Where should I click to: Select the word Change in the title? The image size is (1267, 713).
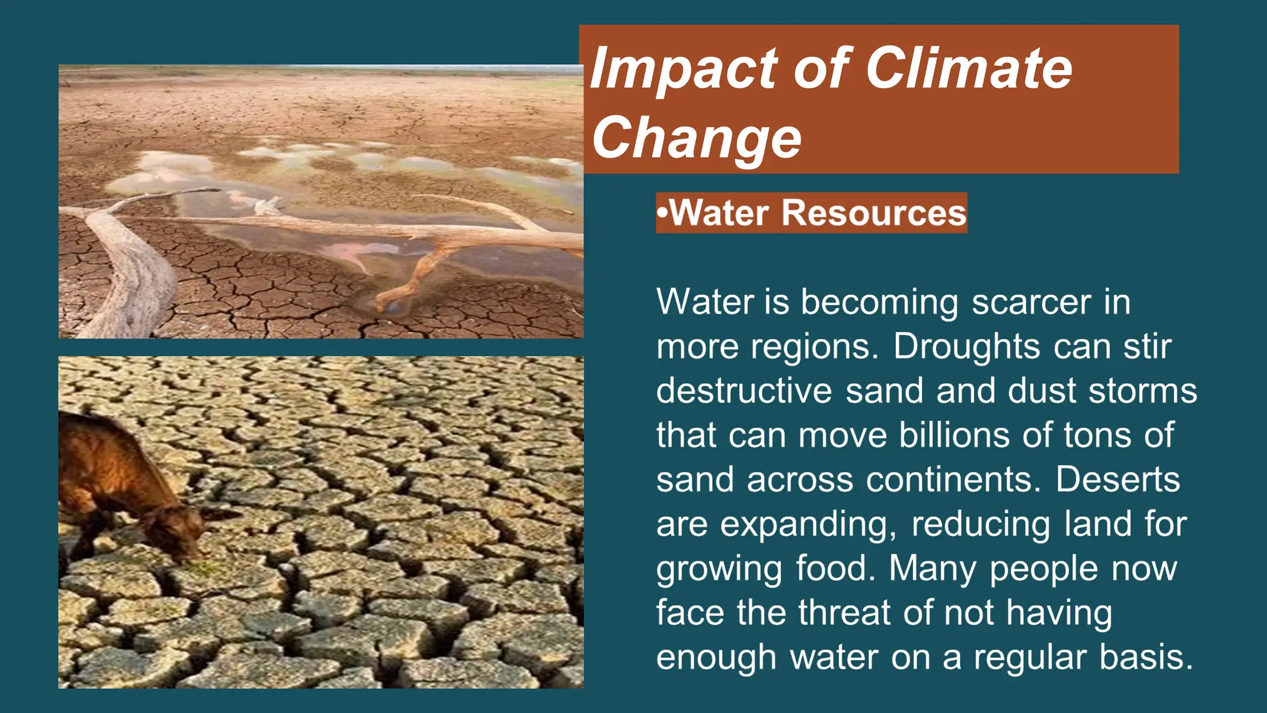tap(697, 138)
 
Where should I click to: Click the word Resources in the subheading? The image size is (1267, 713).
tap(874, 213)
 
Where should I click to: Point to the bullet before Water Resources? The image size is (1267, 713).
tap(663, 213)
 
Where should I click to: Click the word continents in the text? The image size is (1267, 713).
tap(953, 480)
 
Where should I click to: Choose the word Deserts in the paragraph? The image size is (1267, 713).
tap(1117, 480)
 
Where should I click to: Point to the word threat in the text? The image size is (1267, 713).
tap(844, 613)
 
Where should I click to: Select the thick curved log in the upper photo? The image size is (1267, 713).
tap(136, 272)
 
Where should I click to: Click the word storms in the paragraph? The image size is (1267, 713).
tap(1143, 391)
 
